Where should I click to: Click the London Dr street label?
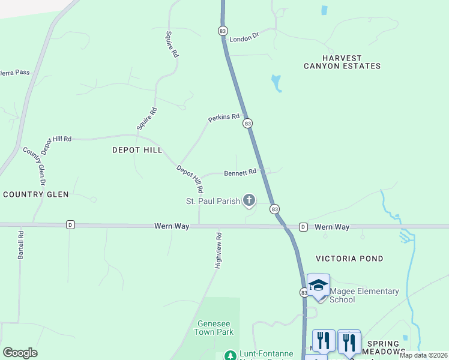(x=244, y=37)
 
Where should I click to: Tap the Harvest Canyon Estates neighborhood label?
(x=342, y=61)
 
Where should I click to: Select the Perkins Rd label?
(x=224, y=118)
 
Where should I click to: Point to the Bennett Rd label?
(x=240, y=172)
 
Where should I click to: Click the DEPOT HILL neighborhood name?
(x=137, y=150)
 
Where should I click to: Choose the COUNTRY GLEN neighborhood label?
(x=36, y=194)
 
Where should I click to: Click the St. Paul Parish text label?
(x=212, y=201)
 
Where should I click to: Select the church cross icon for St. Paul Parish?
(x=249, y=200)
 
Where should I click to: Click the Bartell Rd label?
(x=20, y=245)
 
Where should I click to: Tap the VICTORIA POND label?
(x=349, y=259)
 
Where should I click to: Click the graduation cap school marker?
(x=318, y=286)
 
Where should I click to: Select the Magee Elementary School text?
(x=364, y=295)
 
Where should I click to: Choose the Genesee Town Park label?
(x=214, y=327)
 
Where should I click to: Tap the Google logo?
(x=20, y=353)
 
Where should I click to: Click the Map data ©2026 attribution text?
(x=423, y=355)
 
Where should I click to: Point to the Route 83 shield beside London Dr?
(x=223, y=31)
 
